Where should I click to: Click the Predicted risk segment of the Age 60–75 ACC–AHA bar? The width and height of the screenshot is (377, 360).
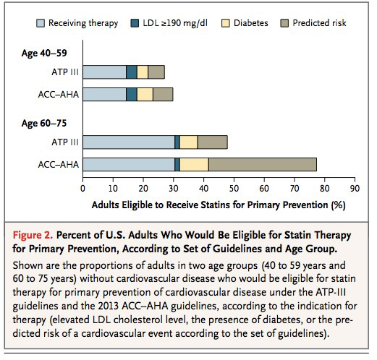click(x=263, y=165)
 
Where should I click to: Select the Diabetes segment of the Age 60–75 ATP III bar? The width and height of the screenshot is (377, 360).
click(x=189, y=142)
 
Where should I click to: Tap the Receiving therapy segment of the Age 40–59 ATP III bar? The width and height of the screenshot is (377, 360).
click(x=104, y=72)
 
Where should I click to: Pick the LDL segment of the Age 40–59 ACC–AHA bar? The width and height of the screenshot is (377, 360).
click(x=132, y=94)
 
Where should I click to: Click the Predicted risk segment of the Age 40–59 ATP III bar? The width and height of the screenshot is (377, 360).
click(x=156, y=72)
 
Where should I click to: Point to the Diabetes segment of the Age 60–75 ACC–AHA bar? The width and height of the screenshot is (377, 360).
click(x=194, y=165)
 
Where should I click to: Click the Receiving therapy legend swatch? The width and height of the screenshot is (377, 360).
click(x=41, y=23)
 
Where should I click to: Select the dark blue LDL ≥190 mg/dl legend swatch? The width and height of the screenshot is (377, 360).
click(x=135, y=23)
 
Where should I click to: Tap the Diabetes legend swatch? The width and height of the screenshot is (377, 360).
click(x=226, y=23)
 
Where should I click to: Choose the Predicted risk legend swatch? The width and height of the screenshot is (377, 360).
click(x=284, y=23)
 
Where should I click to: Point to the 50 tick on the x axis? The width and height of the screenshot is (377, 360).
click(x=234, y=180)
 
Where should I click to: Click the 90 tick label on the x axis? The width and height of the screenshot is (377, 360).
click(x=355, y=189)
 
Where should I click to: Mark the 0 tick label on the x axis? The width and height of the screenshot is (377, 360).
click(x=82, y=189)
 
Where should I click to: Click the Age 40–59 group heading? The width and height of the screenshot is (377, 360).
click(x=44, y=53)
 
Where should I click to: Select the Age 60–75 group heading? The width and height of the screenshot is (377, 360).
click(x=44, y=123)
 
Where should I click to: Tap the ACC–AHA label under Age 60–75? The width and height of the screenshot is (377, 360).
click(x=59, y=165)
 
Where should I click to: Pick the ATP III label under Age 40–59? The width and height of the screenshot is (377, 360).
click(x=65, y=72)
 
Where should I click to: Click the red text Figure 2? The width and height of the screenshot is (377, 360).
click(x=33, y=235)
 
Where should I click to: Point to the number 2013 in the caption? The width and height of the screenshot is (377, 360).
click(x=109, y=306)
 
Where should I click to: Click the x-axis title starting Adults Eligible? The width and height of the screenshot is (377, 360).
click(x=219, y=205)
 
